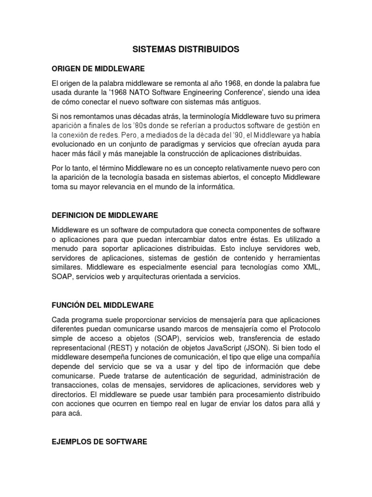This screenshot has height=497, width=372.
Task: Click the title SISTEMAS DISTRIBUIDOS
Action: (186, 50)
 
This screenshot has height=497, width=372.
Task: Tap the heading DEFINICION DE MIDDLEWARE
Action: (105, 215)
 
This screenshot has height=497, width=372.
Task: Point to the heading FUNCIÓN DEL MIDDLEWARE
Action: (102, 305)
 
